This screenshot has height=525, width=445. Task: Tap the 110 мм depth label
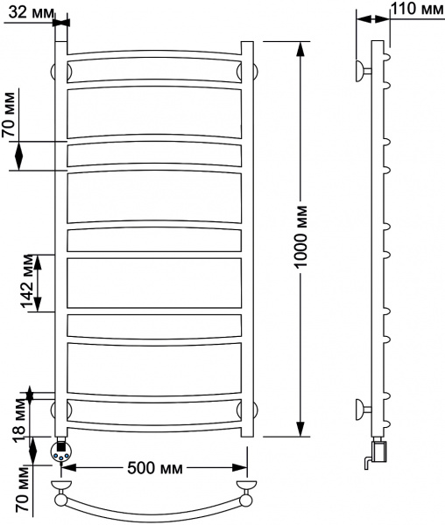[417, 10]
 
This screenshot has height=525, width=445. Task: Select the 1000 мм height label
[300, 238]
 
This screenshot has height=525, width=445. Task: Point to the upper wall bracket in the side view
[361, 70]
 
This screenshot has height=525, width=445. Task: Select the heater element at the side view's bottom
[378, 453]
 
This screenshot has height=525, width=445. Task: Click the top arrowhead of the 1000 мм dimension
[300, 49]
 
